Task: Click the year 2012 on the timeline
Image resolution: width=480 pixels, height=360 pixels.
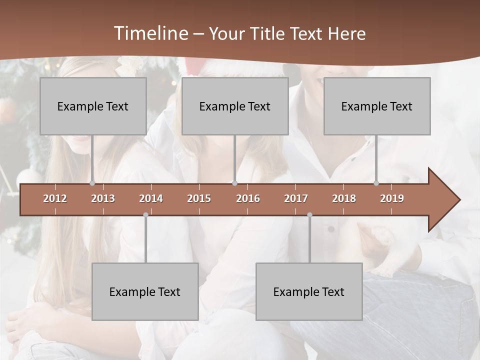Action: pos(55,198)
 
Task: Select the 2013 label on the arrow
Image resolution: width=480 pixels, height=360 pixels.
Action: pos(103,198)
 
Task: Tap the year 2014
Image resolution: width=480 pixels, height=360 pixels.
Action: pos(151,198)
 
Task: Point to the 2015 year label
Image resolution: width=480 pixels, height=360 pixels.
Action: pos(199,198)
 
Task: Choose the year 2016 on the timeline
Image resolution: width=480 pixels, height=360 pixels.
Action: pos(248,198)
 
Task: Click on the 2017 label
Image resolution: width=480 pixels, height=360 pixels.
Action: pos(296,198)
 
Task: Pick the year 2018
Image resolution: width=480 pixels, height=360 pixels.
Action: pos(344,198)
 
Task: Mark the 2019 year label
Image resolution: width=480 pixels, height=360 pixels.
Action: pos(392,198)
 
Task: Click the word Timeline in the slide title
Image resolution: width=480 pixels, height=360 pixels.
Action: pos(150,33)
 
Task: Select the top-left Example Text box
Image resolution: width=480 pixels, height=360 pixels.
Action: pos(93,106)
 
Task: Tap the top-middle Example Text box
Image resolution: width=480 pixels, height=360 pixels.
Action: pos(235,106)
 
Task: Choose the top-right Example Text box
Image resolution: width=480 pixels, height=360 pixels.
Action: pos(377,106)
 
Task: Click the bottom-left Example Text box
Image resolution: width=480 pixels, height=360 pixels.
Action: pos(145,291)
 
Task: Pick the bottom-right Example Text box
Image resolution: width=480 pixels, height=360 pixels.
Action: pos(309,291)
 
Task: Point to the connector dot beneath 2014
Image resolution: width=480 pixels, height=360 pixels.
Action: pos(145,214)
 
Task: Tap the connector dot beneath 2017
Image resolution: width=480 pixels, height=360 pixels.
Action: pos(309,214)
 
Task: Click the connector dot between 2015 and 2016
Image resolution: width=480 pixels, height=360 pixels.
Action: pos(235,183)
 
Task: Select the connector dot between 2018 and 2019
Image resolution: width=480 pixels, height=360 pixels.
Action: pos(376,183)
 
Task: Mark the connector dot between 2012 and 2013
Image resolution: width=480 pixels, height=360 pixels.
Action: pos(92,183)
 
